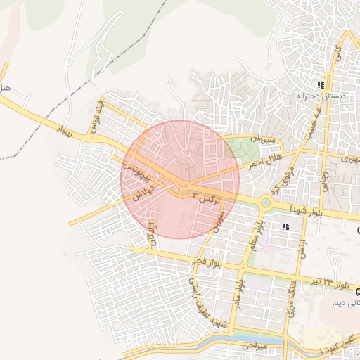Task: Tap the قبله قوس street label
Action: point(97,117)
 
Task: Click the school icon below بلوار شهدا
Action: point(285,226)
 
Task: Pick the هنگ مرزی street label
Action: point(289,295)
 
